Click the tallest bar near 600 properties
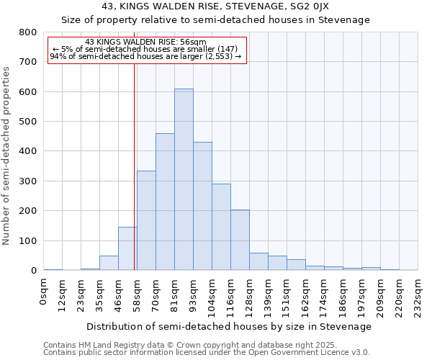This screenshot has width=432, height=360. (184, 180)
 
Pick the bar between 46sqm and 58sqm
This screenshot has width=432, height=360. (127, 248)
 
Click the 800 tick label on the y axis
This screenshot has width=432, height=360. (28, 32)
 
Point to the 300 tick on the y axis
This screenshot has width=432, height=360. (28, 181)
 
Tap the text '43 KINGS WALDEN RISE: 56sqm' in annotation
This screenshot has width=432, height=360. (145, 42)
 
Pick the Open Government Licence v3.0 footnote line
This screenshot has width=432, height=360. (207, 353)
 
